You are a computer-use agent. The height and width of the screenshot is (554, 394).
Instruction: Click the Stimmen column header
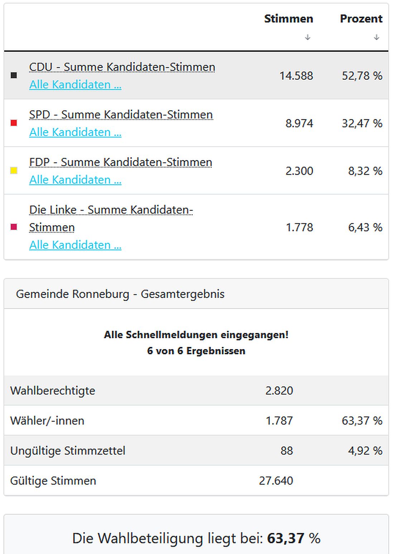click(288, 19)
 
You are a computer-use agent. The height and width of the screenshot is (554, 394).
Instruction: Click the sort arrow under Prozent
click(376, 37)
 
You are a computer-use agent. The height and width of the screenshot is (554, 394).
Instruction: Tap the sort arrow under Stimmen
click(307, 37)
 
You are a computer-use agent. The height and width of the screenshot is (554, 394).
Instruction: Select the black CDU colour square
click(14, 75)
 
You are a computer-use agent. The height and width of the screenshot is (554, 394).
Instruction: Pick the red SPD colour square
click(14, 123)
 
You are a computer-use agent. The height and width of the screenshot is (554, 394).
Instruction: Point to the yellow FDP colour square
click(14, 171)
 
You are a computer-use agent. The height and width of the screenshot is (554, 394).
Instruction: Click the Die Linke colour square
click(14, 227)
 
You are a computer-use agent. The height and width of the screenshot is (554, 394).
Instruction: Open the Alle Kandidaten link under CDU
click(75, 85)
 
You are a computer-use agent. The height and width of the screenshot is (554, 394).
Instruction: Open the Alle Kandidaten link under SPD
click(75, 132)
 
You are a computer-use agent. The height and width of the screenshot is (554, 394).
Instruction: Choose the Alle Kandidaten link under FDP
click(75, 180)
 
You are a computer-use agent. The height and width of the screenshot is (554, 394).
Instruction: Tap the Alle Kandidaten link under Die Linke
click(75, 245)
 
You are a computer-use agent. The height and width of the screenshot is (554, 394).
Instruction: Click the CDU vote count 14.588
click(296, 76)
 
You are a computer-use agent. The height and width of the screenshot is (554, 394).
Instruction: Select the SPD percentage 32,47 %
click(362, 123)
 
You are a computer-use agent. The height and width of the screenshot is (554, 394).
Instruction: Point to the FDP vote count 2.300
click(299, 171)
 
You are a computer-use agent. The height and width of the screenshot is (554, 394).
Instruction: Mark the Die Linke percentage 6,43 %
click(365, 227)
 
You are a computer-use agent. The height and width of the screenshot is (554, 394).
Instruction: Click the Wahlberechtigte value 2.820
click(279, 390)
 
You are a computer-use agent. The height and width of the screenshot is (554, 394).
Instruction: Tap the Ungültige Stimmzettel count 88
click(287, 451)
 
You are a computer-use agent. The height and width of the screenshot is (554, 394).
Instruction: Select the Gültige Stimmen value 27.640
click(276, 481)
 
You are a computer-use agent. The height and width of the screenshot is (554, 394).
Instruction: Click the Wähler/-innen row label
click(47, 421)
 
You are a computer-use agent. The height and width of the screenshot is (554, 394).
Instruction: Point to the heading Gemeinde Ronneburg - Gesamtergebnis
click(120, 294)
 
